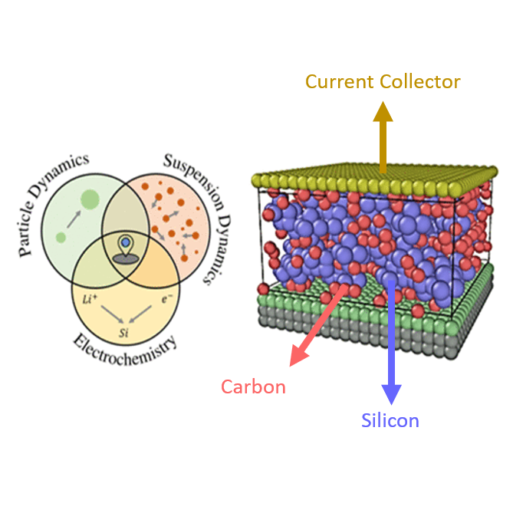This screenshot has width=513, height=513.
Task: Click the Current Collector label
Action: coord(383,81)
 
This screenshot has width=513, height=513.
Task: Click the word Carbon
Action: coord(253,386)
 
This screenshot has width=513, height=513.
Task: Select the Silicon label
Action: coord(390,420)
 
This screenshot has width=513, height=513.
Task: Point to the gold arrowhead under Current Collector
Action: coord(383,113)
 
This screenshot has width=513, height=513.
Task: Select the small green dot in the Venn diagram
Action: coord(61,238)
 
